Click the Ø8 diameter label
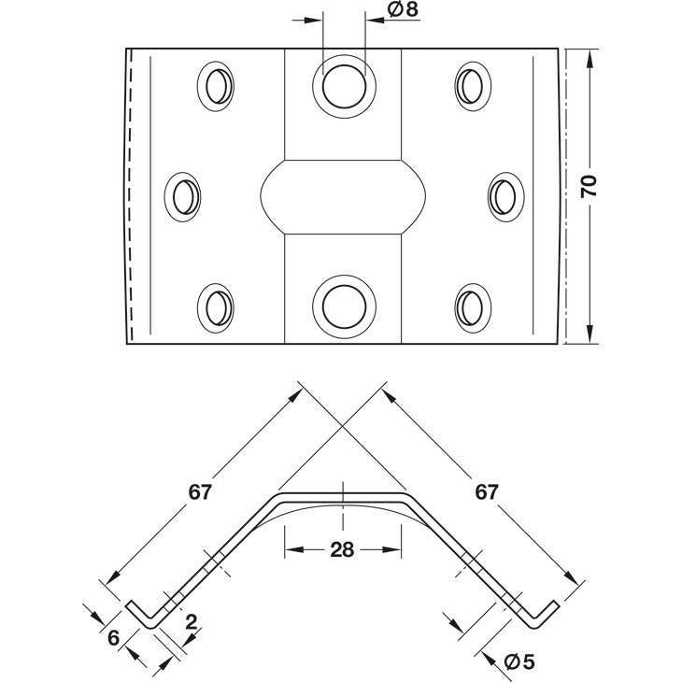tap(403, 9)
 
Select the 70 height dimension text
tap(589, 187)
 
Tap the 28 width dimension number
tap(342, 550)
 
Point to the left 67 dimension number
tap(200, 492)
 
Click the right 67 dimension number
tap(486, 492)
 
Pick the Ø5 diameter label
tap(519, 662)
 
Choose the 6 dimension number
tap(114, 638)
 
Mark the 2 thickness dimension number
tap(191, 622)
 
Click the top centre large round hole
tap(344, 86)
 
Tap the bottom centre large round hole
tap(344, 306)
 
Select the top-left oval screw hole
tap(216, 86)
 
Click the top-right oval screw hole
tap(474, 86)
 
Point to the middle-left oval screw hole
tap(183, 197)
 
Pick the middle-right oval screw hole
tap(505, 197)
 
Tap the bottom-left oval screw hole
tap(216, 308)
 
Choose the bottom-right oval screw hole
tap(474, 308)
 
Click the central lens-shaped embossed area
tap(343, 197)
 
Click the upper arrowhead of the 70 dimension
tap(590, 58)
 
